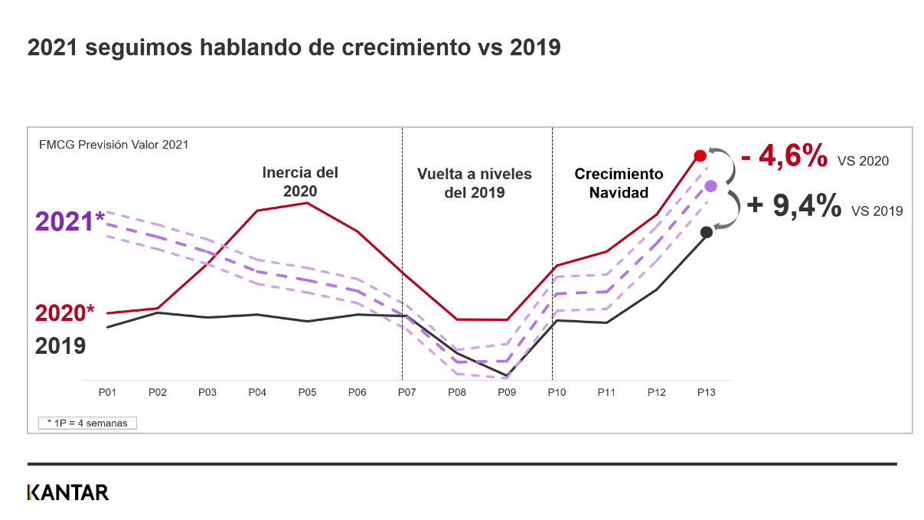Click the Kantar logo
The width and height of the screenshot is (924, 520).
click(x=68, y=492)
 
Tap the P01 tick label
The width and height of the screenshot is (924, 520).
click(x=107, y=392)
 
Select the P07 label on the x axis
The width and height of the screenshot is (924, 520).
click(x=406, y=392)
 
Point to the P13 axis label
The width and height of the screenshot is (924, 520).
click(x=706, y=392)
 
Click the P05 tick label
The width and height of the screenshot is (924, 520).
click(x=307, y=392)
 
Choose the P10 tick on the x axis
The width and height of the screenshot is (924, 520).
click(x=557, y=392)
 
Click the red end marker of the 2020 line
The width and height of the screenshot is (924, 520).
click(x=700, y=155)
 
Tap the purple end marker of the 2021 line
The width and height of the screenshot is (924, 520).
click(x=710, y=185)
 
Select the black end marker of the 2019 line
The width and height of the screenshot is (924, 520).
click(x=707, y=232)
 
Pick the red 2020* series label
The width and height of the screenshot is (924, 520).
click(x=65, y=313)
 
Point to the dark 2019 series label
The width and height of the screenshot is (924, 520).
click(x=60, y=346)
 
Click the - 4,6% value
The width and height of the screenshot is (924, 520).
click(x=784, y=157)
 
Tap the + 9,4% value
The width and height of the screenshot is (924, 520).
click(x=793, y=206)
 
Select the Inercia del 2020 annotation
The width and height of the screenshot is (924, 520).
click(x=300, y=182)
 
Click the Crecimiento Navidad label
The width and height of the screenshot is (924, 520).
click(x=619, y=184)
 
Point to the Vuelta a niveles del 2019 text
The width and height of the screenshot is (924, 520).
click(x=474, y=184)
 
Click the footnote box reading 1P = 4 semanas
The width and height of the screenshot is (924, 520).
click(x=87, y=423)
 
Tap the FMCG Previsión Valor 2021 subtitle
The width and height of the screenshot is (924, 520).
click(x=113, y=144)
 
